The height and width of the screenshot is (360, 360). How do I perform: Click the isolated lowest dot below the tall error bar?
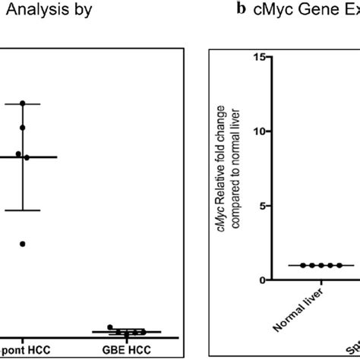point(23,244)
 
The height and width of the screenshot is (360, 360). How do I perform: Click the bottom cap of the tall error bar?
point(23,210)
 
